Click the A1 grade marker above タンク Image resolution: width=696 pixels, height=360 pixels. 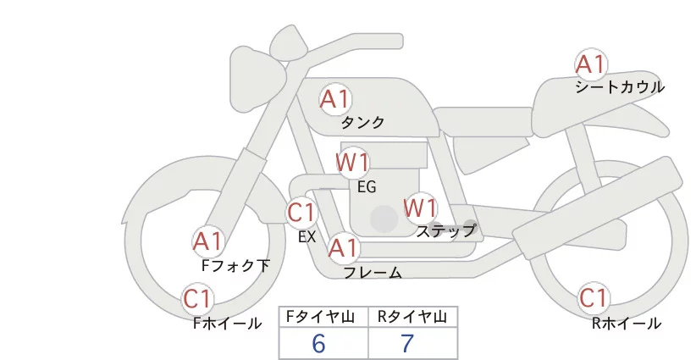[x=334, y=100]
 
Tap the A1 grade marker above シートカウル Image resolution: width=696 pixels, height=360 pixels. [x=590, y=64]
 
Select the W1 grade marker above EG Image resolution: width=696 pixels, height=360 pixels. [x=352, y=162]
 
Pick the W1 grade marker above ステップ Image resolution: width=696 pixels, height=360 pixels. [x=420, y=208]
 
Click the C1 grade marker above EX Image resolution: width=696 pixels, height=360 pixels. [x=301, y=212]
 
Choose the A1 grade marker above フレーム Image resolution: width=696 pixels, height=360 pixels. [x=343, y=249]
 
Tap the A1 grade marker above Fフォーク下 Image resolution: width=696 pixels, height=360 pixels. [x=207, y=242]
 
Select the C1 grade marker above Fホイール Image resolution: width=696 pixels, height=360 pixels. [x=197, y=299]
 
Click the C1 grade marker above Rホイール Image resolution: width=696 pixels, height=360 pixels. [x=593, y=299]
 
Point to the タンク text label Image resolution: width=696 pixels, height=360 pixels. [x=362, y=123]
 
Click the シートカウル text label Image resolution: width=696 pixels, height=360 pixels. [x=619, y=87]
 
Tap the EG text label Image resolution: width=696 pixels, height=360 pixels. [x=366, y=186]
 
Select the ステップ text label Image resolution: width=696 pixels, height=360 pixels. [x=445, y=230]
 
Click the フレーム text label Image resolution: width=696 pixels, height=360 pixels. [x=373, y=273]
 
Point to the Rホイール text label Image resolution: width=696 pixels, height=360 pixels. [x=627, y=324]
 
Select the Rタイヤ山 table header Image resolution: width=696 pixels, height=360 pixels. [x=412, y=318]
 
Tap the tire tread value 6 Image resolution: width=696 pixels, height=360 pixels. [x=319, y=344]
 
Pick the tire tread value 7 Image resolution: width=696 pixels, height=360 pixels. [x=407, y=344]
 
